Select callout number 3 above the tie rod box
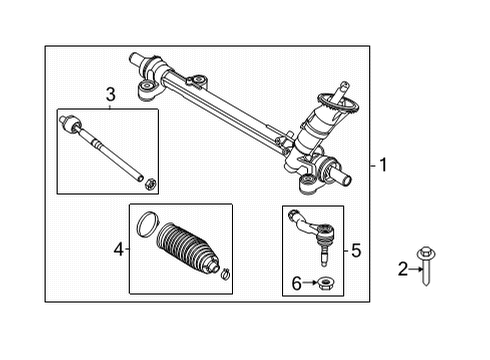pyautogui.click(x=110, y=95)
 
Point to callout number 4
pyautogui.click(x=117, y=248)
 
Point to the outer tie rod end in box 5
pyautogui.click(x=311, y=226)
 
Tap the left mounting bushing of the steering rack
pyautogui.click(x=149, y=91)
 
